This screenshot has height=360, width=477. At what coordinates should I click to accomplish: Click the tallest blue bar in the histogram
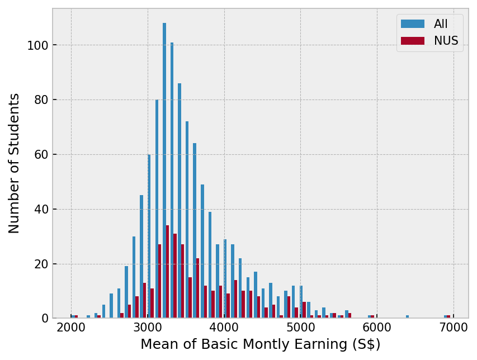[164, 168]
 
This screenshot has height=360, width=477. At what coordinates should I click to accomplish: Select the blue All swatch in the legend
[413, 24]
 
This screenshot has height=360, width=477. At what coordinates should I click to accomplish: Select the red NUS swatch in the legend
[413, 41]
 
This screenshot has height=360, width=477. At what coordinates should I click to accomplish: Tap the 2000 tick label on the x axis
[71, 328]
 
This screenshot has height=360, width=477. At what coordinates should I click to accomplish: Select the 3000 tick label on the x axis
[148, 328]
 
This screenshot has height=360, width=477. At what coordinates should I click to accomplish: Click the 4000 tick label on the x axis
[224, 328]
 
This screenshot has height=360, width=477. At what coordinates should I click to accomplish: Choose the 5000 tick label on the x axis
[300, 328]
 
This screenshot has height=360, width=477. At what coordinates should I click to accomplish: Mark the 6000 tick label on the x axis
[377, 328]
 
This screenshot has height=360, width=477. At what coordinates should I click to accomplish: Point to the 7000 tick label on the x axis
[454, 328]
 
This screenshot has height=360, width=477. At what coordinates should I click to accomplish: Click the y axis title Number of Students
[15, 163]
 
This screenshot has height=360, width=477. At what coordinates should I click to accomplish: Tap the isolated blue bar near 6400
[407, 317]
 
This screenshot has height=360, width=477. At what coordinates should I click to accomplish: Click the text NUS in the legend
[446, 41]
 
